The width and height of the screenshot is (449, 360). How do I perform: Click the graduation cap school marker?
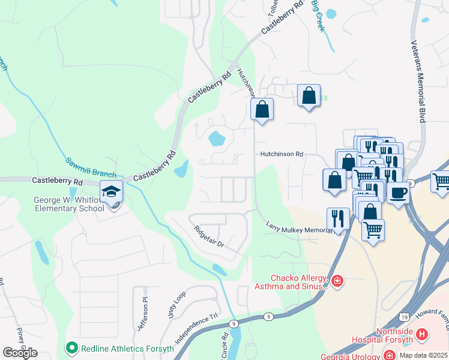tap(111, 191)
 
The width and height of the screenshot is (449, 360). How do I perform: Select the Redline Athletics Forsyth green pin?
tap(71, 347)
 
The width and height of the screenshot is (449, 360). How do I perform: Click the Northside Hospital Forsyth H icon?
tap(422, 334)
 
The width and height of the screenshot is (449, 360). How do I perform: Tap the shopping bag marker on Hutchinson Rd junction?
tap(262, 109)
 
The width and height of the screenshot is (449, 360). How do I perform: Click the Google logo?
tap(20, 353)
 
